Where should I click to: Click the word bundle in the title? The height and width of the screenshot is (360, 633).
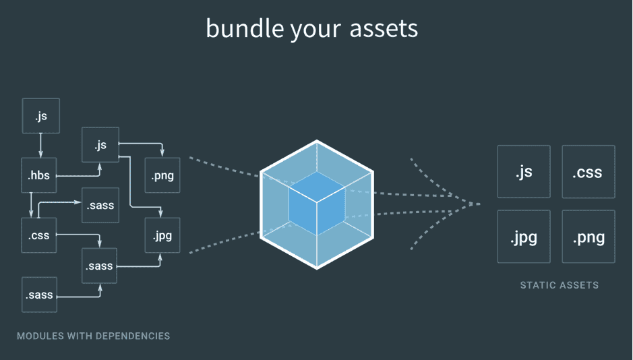point(245,28)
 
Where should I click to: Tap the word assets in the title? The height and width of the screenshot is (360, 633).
point(384,29)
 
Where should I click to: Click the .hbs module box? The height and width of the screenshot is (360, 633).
point(38,175)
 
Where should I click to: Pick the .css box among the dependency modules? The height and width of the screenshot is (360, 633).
point(38,235)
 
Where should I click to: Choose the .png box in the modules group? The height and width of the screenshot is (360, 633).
point(162,175)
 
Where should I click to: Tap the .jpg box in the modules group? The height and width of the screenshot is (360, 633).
point(162,235)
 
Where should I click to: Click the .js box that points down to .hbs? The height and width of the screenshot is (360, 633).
point(40,116)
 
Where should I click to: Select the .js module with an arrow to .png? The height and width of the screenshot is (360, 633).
point(100,145)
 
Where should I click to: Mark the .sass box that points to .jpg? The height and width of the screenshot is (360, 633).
point(99,266)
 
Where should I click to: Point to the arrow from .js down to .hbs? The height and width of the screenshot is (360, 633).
point(40,146)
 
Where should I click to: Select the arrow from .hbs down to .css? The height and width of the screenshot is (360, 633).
point(31,205)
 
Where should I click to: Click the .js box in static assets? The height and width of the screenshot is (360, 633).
point(524,171)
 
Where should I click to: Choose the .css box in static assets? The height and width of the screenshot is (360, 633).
point(589,171)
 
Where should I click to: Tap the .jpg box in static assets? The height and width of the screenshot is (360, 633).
point(524,237)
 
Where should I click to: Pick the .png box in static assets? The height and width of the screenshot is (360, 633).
point(589,237)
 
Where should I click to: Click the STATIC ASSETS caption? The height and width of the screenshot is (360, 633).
point(559,285)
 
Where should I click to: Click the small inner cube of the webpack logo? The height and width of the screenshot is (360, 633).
point(317,204)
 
